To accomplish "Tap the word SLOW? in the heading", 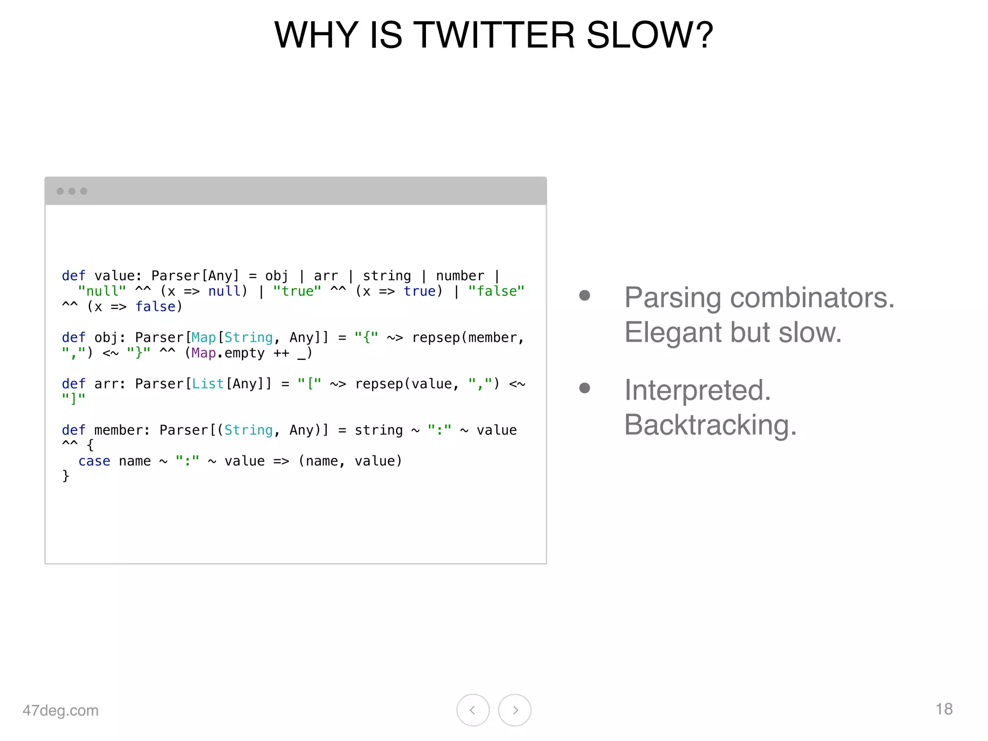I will point(649,35).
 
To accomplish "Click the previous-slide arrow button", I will point(473,710).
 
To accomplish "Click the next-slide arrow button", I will point(515,710).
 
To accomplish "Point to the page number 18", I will point(944,709).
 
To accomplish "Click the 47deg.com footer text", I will point(60,710).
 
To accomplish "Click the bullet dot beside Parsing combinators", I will point(585,295).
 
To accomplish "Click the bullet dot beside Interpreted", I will point(585,388).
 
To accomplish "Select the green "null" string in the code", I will point(102,291).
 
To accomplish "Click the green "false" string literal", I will point(496,291).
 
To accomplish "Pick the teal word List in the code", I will point(208,384).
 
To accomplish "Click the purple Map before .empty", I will point(204,353).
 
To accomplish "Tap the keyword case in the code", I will point(94,461).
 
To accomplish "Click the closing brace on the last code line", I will point(66,476).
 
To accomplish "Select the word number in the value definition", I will point(460,275).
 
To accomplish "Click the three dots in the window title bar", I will point(72,191).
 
